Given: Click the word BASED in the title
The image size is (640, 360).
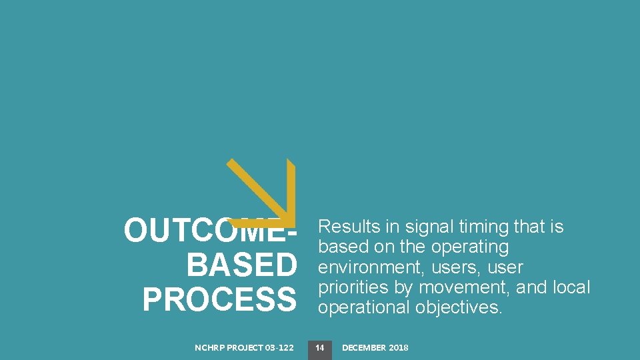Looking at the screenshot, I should pos(241,266).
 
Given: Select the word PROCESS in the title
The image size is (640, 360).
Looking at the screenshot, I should pos(219,300).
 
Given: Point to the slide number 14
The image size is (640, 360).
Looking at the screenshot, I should pos(319,347).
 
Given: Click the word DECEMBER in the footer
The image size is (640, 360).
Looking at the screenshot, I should pos(365,347).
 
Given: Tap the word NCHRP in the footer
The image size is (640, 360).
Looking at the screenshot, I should pos(209,347).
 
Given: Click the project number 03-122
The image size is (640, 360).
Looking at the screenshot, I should pos(279,347).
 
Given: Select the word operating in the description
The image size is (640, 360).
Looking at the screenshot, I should pos(470,247).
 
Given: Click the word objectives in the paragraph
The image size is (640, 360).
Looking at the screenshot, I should pos(459,307).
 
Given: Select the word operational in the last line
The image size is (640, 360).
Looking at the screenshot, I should pos(364,307).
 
